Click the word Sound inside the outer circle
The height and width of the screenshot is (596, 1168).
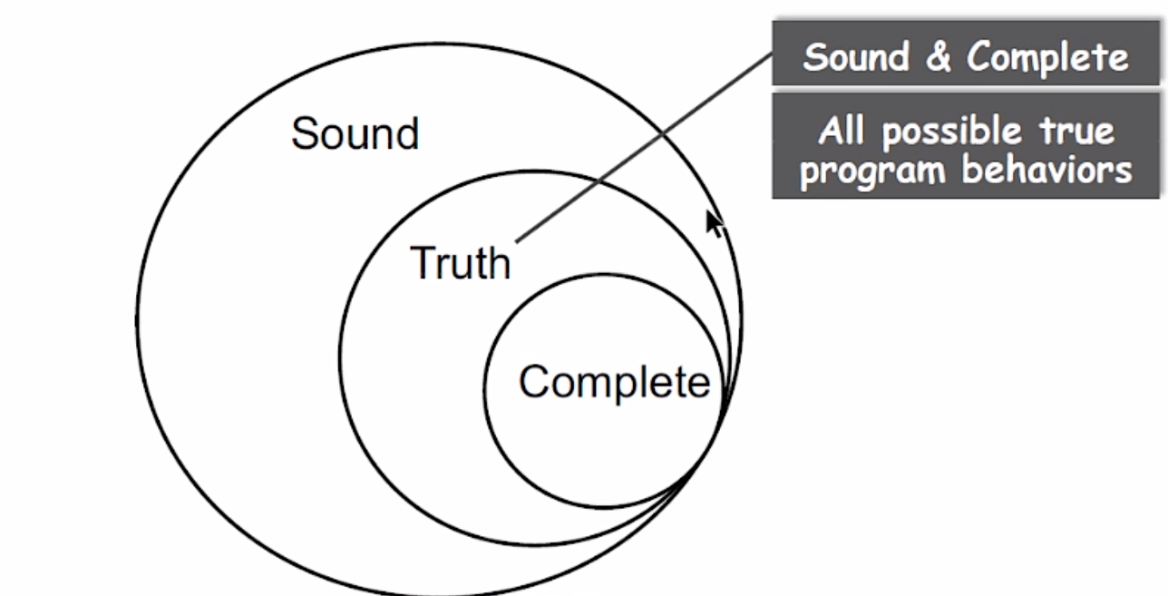(x=355, y=134)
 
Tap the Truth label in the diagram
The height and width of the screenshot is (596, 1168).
(x=461, y=263)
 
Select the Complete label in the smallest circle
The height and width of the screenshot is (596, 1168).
(x=614, y=381)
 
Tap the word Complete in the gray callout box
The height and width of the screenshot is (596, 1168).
(x=1047, y=57)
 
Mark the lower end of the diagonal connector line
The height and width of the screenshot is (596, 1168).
(x=518, y=241)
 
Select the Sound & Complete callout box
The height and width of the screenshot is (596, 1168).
(x=966, y=57)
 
